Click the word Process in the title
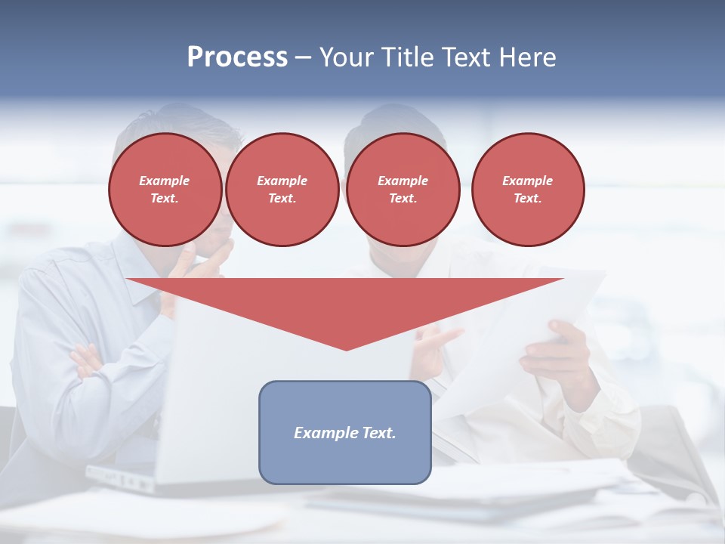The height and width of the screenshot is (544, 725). point(237,57)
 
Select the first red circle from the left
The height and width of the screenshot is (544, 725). point(165,190)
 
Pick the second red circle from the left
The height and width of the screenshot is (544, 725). point(282,190)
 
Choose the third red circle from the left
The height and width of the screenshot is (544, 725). point(403,190)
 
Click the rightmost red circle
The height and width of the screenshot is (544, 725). point(527,190)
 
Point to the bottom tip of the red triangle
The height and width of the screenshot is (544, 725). point(347,348)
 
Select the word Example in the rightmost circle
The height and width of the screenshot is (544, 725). point(527,181)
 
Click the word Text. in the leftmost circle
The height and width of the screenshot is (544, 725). point(165,199)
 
